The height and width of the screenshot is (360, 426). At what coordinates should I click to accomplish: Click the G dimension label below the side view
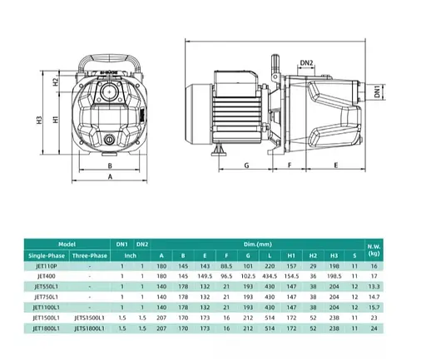247,166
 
